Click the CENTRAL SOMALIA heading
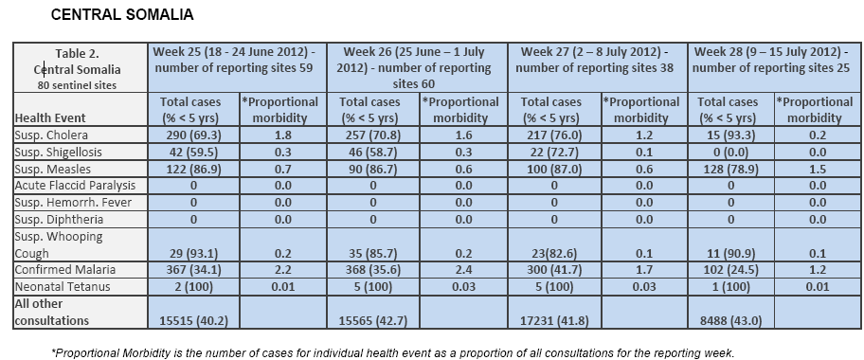coord(122,15)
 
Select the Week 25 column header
coord(237,60)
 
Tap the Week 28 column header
coord(774,60)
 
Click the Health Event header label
coord(50,117)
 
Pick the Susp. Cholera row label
coord(51,135)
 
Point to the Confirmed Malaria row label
coord(65,270)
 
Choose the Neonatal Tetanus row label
coord(63,287)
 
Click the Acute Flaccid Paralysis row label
coord(75,186)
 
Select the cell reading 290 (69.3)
coord(193,135)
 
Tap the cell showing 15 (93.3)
coord(730,135)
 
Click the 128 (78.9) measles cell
coord(730,169)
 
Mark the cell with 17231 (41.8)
coord(554,320)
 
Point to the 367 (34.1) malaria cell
coord(193,270)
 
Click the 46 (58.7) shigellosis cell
coord(373,153)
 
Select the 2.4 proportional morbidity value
coord(463,270)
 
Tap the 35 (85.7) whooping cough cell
coord(373,253)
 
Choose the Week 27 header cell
coord(595,60)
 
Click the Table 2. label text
coord(77,53)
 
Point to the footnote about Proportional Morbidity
coord(393,352)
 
